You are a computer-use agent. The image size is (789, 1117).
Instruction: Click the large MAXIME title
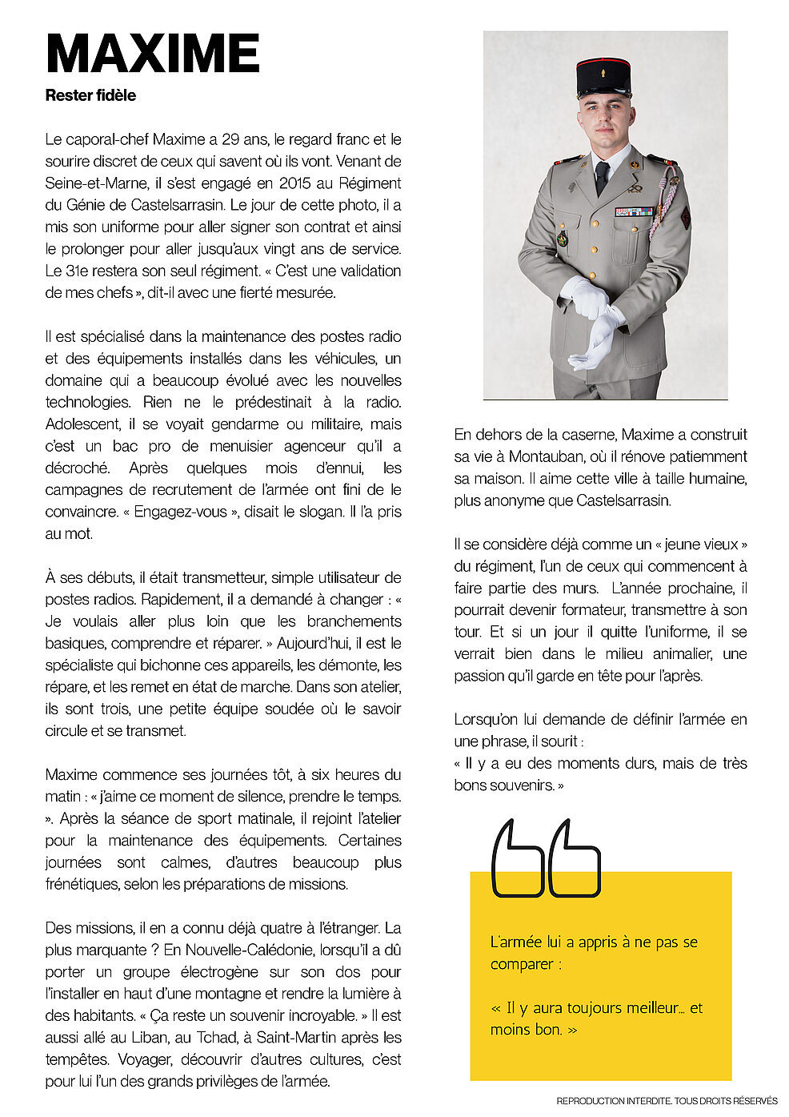153,54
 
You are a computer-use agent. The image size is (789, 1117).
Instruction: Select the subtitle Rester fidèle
90,95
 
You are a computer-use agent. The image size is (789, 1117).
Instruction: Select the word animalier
675,654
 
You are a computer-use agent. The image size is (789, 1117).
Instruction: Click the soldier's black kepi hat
604,76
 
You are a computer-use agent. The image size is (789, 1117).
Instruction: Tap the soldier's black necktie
602,176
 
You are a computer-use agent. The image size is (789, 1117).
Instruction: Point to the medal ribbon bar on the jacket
635,212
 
